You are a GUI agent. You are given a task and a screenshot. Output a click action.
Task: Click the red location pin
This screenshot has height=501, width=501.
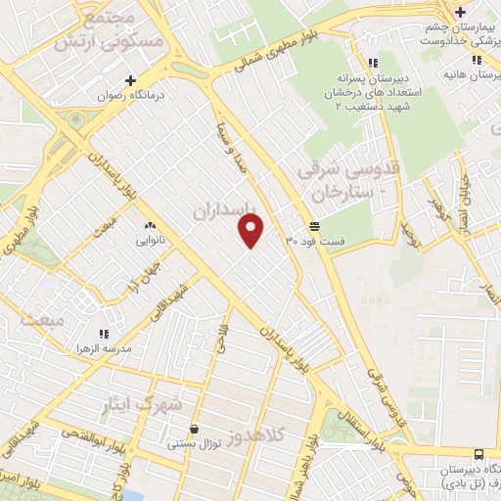pos(251,230)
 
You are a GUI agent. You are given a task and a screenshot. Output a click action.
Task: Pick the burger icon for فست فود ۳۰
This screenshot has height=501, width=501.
pos(313,226)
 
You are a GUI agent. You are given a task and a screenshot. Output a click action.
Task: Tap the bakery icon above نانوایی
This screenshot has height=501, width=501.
pos(149,225)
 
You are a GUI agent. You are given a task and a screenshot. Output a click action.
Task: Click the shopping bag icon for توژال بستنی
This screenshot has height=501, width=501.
pos(195,429)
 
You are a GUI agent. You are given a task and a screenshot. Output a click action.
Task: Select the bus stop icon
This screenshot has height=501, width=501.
pos(478,454)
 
